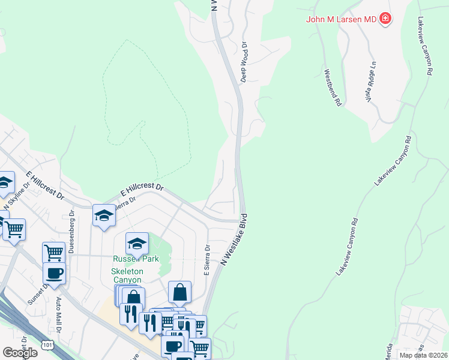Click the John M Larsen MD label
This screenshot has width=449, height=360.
pyautogui.click(x=341, y=19)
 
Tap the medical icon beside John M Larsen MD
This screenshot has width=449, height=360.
pyautogui.click(x=385, y=19)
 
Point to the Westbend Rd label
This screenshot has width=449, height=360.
pyautogui.click(x=333, y=88)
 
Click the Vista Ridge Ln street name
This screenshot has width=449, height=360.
pyautogui.click(x=371, y=82)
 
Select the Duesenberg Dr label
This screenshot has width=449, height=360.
pyautogui.click(x=71, y=232)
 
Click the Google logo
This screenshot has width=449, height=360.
pyautogui.click(x=19, y=353)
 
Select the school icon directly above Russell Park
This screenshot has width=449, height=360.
pyautogui.click(x=137, y=243)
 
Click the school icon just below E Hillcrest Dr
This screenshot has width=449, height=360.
pyautogui.click(x=104, y=215)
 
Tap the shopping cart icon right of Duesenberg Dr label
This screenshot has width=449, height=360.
pyautogui.click(x=53, y=252)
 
